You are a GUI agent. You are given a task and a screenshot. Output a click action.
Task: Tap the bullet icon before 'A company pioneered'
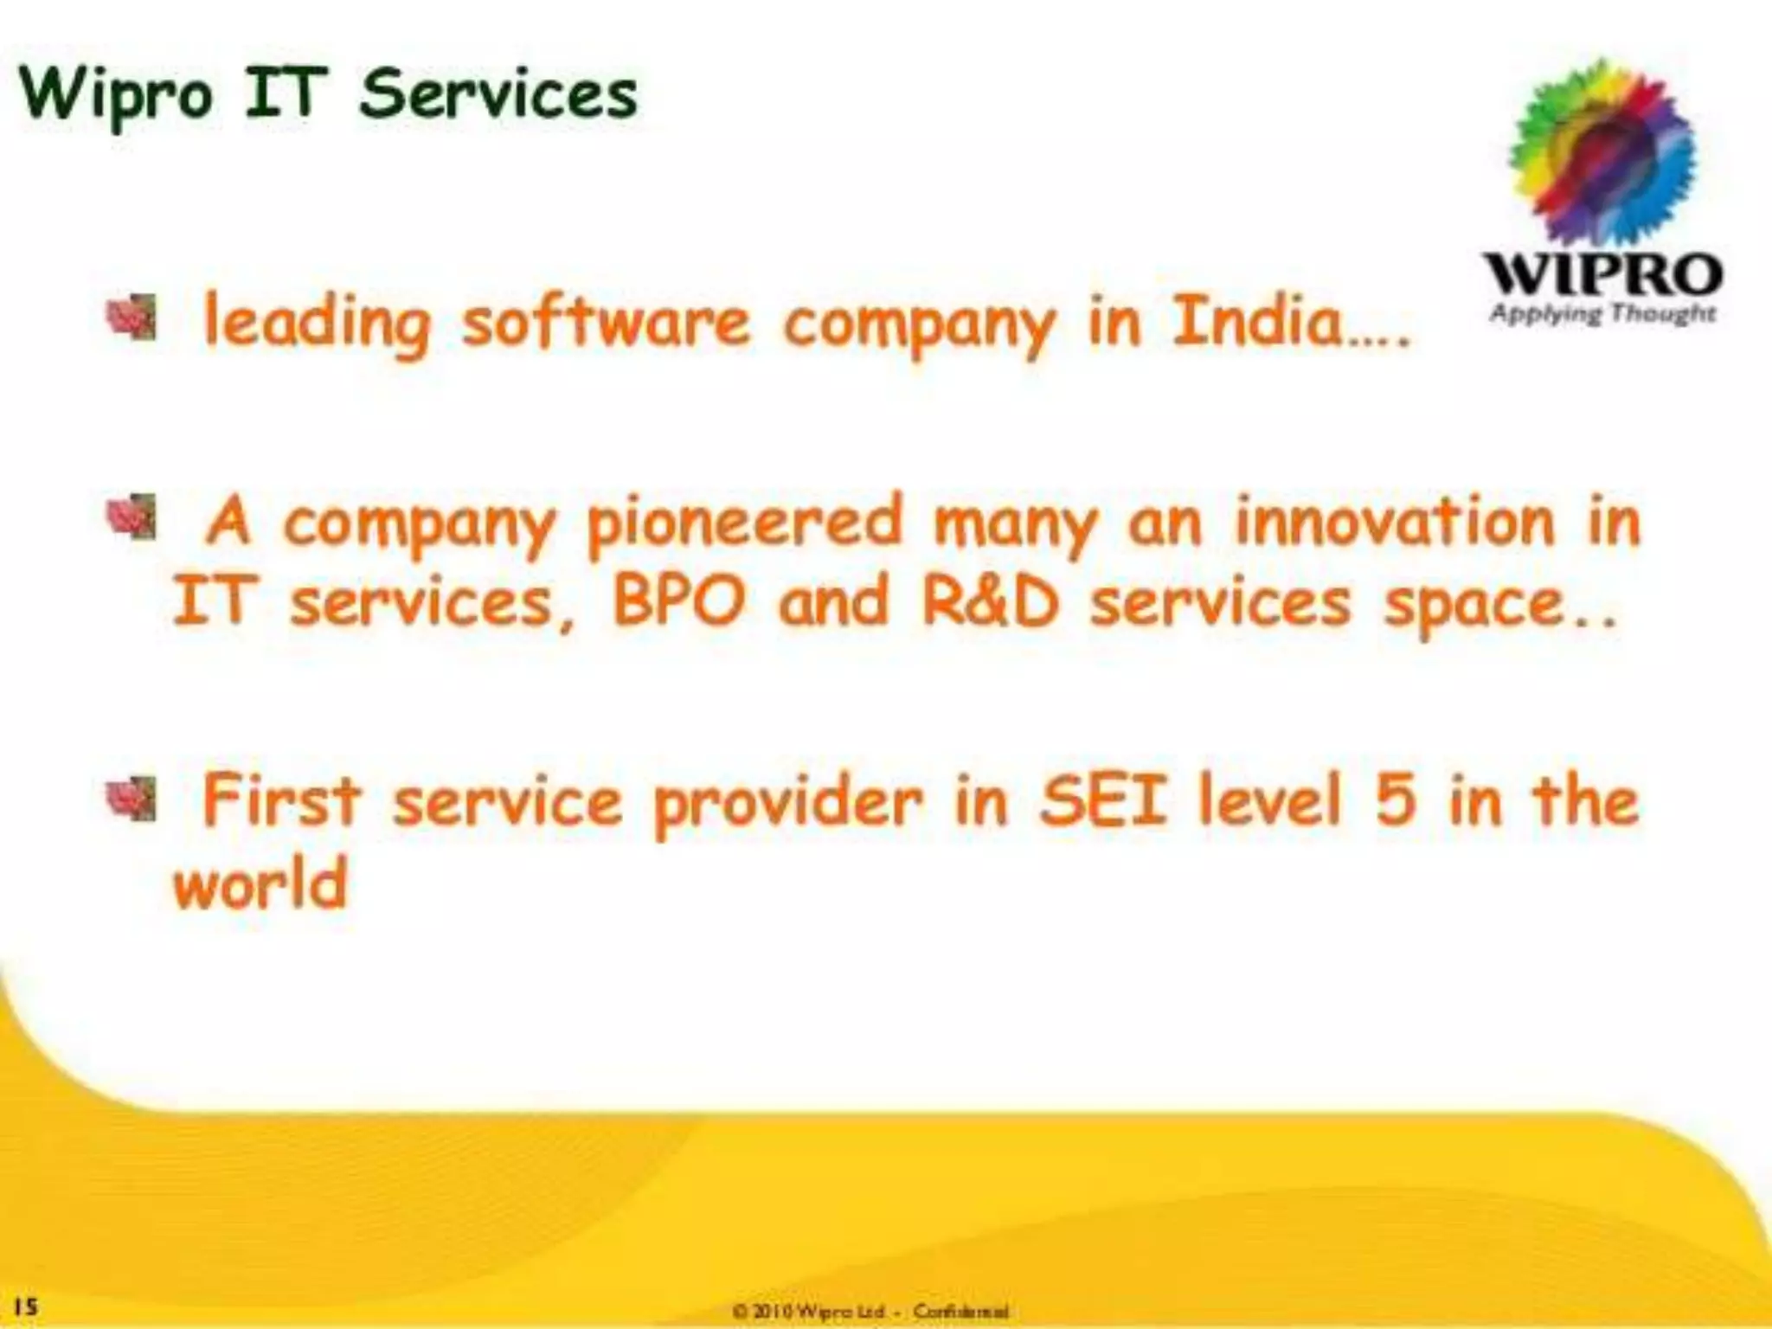click(x=132, y=517)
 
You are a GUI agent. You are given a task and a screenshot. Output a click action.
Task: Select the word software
click(x=606, y=322)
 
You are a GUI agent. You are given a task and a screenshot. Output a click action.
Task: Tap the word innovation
click(x=1394, y=523)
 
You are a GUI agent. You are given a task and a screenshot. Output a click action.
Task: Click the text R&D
click(x=990, y=602)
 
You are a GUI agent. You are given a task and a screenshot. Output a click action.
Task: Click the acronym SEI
click(x=1101, y=801)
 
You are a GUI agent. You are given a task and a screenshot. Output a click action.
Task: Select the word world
click(x=260, y=884)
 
